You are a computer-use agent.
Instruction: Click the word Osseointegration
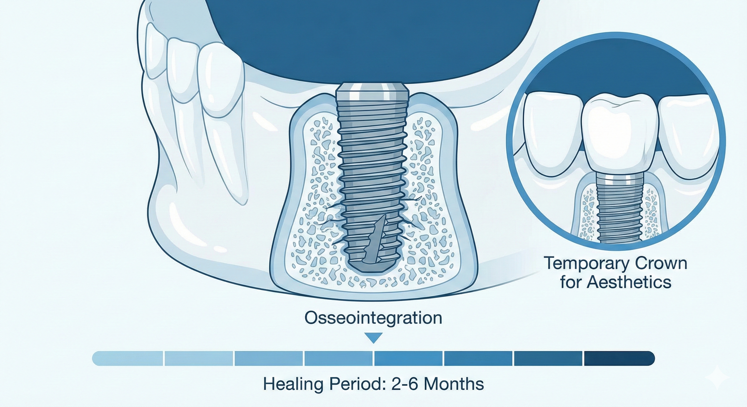click(373, 318)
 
